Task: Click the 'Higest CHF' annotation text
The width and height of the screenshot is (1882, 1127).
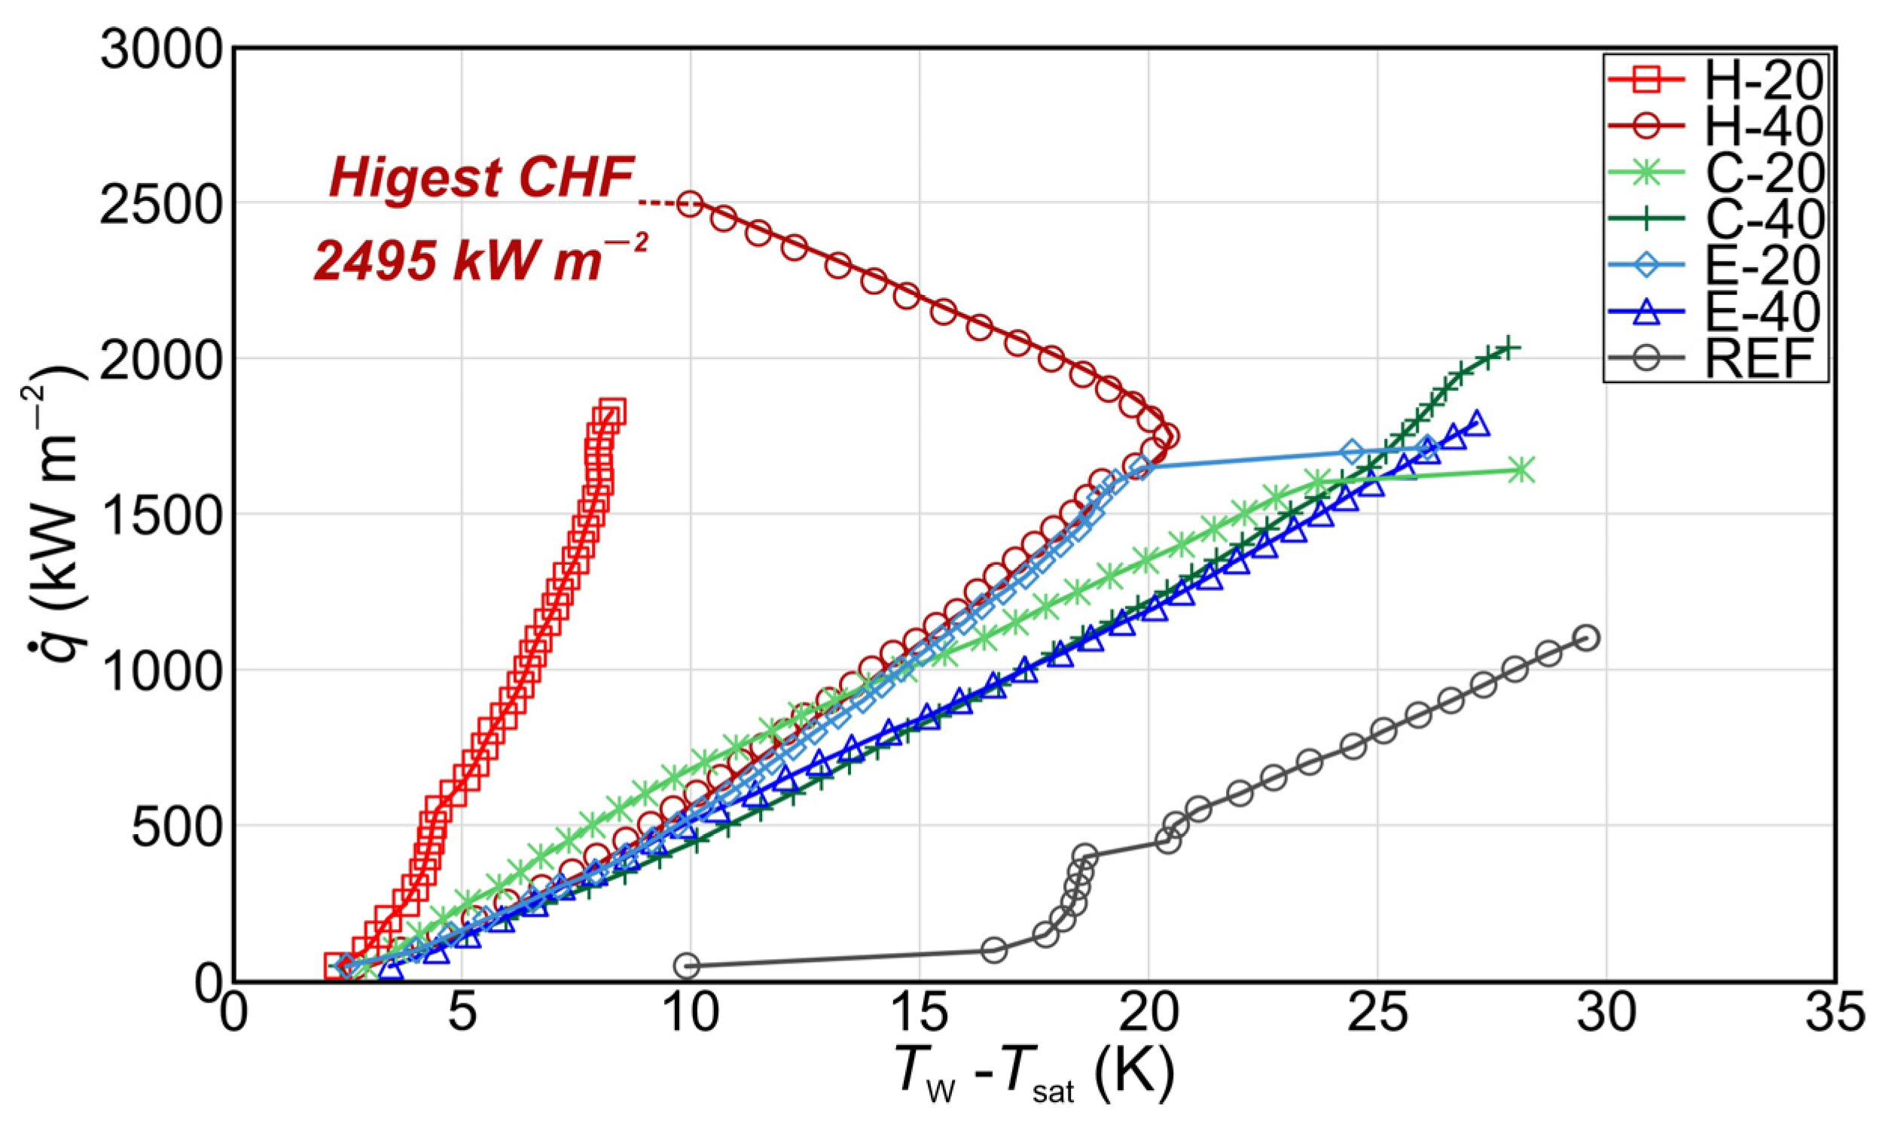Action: pyautogui.click(x=481, y=179)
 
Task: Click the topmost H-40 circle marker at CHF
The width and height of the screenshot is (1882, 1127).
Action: pyautogui.click(x=690, y=203)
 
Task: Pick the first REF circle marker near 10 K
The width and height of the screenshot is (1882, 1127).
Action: pyautogui.click(x=687, y=965)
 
